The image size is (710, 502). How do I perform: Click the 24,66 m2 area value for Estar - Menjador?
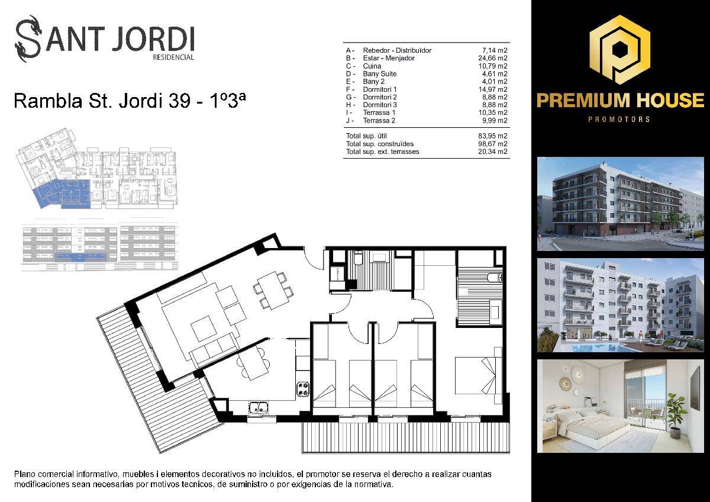click(x=492, y=58)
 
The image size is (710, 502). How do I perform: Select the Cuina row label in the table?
click(x=372, y=66)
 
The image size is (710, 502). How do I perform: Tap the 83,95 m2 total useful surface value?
click(x=492, y=136)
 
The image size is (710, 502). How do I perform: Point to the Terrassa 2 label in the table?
click(x=379, y=121)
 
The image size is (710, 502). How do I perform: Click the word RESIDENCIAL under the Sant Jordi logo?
click(x=173, y=57)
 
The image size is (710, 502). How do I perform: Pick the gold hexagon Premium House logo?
click(x=620, y=50)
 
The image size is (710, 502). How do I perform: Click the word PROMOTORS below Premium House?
click(x=619, y=119)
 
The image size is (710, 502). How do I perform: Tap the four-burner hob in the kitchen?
click(x=303, y=389)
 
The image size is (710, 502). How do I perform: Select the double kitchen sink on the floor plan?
click(x=259, y=407)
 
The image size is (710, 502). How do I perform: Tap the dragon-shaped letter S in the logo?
click(x=28, y=38)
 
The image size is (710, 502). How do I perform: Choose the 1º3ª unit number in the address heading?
click(x=228, y=101)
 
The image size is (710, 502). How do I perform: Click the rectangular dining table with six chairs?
click(x=273, y=291)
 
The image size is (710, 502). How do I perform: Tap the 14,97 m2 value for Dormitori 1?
click(x=492, y=89)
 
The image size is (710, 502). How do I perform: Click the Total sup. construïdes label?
click(x=380, y=144)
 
